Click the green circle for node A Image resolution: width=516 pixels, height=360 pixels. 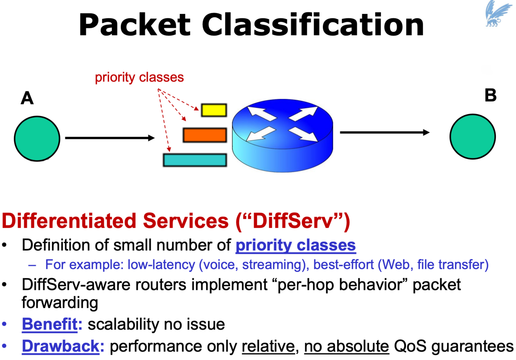(x=37, y=139)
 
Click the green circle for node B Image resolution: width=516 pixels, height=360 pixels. (x=472, y=137)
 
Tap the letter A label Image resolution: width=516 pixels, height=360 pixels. (x=27, y=98)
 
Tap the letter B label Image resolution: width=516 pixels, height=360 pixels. (x=490, y=95)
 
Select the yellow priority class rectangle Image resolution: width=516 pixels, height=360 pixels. (x=214, y=110)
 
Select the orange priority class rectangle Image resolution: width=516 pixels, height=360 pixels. (x=205, y=135)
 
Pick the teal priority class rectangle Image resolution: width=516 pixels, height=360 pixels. (x=195, y=160)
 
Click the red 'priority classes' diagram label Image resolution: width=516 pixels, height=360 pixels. (x=139, y=77)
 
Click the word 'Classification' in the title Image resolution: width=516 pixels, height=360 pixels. (x=313, y=25)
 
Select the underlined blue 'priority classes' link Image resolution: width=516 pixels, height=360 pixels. (x=296, y=245)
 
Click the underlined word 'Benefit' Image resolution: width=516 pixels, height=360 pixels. (x=50, y=324)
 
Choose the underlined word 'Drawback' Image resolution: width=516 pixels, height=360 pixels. (x=61, y=346)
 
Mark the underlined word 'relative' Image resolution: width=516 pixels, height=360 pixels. (x=268, y=346)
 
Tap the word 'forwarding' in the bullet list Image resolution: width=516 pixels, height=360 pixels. (x=60, y=303)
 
